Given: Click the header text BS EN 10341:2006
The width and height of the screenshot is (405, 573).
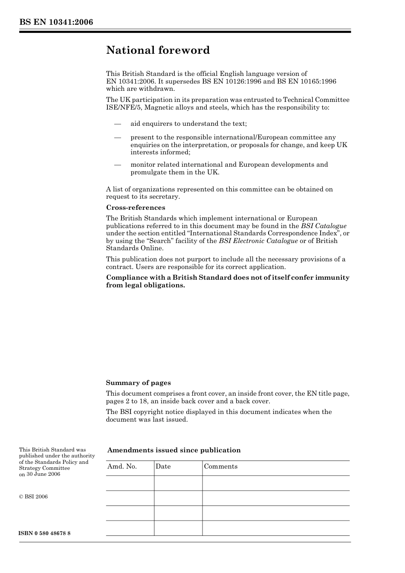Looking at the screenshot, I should coord(56,22).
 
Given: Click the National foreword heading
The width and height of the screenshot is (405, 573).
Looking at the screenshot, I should coord(158,50).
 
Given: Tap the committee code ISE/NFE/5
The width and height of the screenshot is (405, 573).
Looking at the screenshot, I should coord(124,107).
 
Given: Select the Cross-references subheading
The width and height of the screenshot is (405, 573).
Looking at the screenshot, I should coord(136,208).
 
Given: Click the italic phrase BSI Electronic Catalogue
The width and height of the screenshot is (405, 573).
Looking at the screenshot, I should coord(258,241).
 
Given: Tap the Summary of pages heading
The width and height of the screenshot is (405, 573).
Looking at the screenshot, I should coord(138,383).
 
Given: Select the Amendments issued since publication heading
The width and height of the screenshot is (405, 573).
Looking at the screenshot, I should coord(174,450).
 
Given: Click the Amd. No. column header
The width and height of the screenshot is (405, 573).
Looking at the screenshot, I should coord(122,466).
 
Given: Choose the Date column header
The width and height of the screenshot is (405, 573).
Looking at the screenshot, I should coord(163,466).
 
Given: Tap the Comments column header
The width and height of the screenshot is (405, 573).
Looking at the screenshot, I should coord(220,466).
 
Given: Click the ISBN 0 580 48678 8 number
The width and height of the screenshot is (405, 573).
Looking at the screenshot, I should coord(45,534).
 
